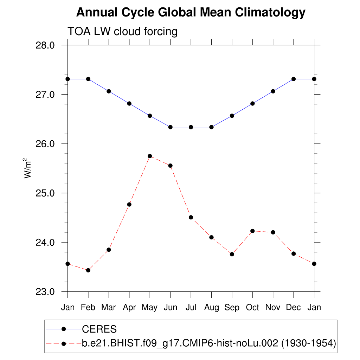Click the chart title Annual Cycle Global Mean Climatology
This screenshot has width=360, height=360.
click(x=191, y=13)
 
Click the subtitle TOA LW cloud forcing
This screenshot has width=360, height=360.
click(x=122, y=31)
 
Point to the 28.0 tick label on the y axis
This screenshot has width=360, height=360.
click(x=45, y=45)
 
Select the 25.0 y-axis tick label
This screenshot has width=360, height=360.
click(x=45, y=193)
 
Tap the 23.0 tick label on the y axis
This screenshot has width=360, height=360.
click(x=45, y=292)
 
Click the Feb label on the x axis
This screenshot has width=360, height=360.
click(x=88, y=308)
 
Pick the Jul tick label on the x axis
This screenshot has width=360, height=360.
click(x=191, y=308)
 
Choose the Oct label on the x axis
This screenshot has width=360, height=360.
click(x=252, y=308)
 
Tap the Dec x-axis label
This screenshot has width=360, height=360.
click(x=293, y=308)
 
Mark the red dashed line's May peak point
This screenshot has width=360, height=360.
click(x=150, y=156)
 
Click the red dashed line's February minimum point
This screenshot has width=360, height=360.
click(x=88, y=270)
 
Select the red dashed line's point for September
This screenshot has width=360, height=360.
click(x=232, y=254)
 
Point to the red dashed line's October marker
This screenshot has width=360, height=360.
click(x=252, y=231)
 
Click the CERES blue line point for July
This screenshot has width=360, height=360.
click(x=191, y=127)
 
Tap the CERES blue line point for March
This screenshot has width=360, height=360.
click(x=109, y=91)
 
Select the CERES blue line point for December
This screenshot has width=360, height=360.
click(x=294, y=79)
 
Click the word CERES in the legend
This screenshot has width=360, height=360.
click(x=99, y=329)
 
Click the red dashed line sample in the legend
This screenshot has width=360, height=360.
click(x=64, y=343)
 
